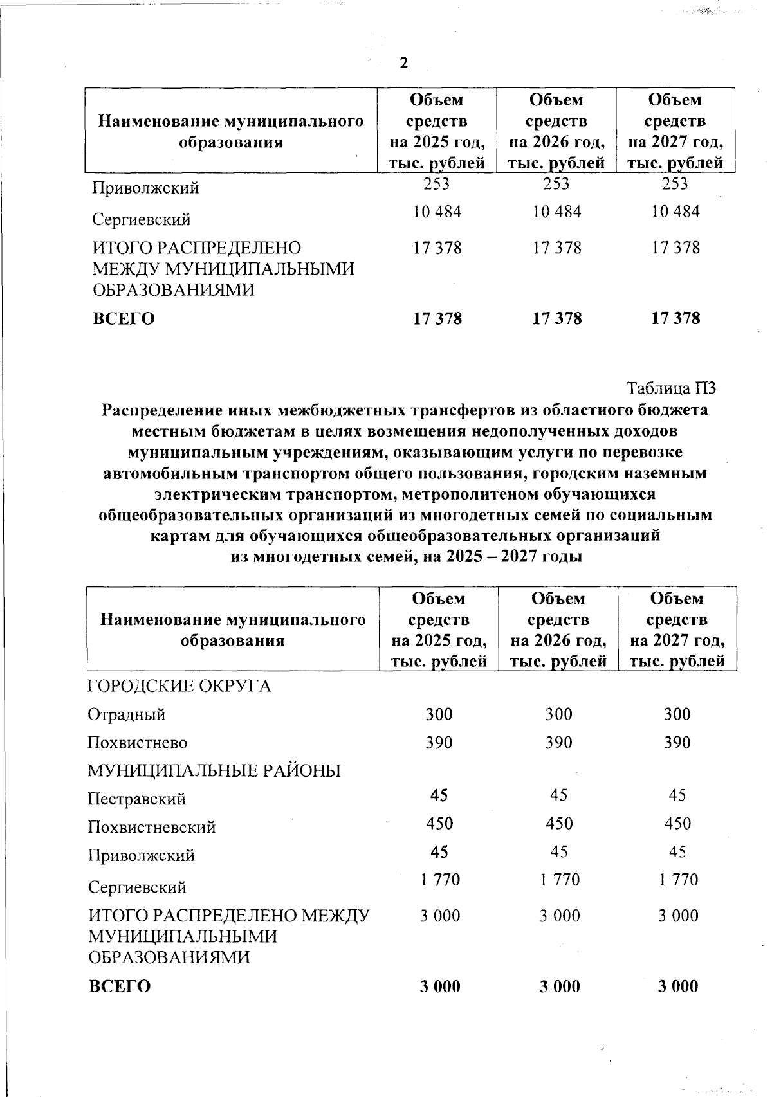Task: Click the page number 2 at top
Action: (x=403, y=63)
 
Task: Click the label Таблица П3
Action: (x=671, y=388)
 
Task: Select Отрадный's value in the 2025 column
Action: (x=439, y=714)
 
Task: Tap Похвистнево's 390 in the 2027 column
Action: (x=677, y=743)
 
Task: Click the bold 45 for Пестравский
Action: (x=439, y=795)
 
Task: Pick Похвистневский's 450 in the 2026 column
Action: (x=558, y=824)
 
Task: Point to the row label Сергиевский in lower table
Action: (x=137, y=887)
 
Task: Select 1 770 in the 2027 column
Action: (x=678, y=880)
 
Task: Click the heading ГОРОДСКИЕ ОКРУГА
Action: (x=179, y=686)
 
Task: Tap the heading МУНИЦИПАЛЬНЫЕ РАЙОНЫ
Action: (x=214, y=771)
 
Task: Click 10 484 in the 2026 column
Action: (x=557, y=212)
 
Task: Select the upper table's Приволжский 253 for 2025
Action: (x=437, y=184)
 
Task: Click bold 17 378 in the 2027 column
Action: (x=675, y=318)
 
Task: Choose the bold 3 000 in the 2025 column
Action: (x=440, y=986)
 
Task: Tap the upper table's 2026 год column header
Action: (x=556, y=131)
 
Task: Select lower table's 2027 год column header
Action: (x=677, y=630)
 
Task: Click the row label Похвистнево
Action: (x=138, y=743)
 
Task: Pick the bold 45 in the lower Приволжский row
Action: (x=439, y=852)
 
